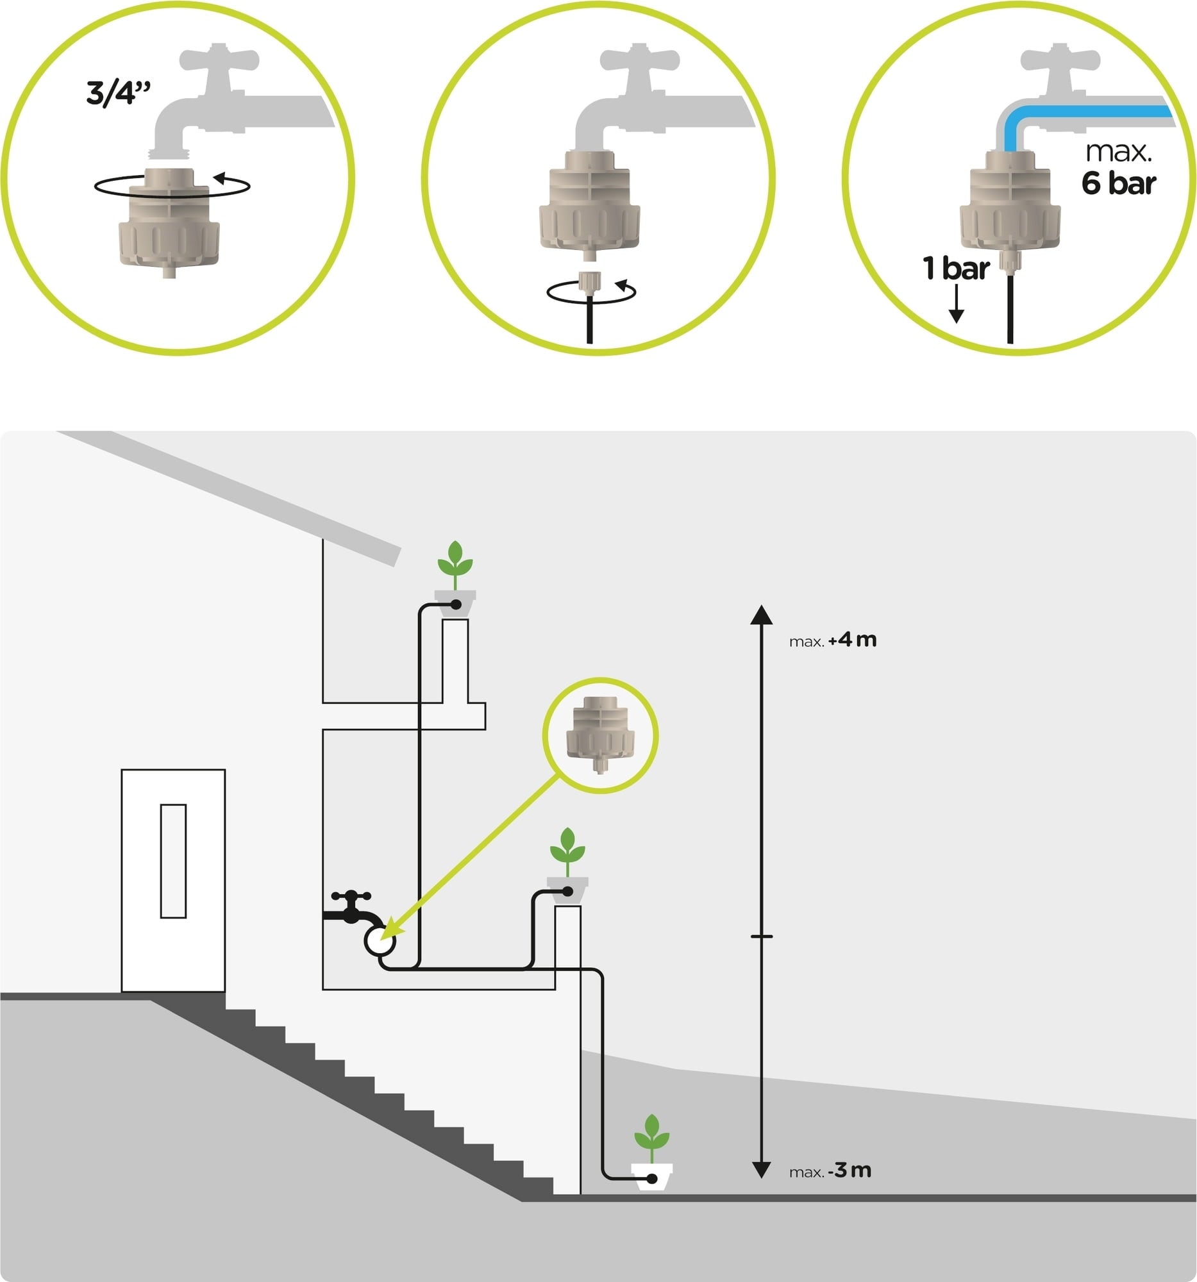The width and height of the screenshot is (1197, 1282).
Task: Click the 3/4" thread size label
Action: coord(118,93)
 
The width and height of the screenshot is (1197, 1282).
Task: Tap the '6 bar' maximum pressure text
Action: coord(1118,183)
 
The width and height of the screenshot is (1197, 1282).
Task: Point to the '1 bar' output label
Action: coord(956,269)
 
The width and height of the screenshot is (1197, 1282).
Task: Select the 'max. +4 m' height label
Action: coord(833,640)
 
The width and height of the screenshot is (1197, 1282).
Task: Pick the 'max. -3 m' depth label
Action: coord(830,1170)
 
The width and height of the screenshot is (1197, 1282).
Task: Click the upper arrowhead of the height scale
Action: coord(762,615)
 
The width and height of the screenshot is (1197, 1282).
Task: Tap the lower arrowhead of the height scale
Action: coord(762,1169)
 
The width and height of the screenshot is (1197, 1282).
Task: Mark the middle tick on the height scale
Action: coord(762,936)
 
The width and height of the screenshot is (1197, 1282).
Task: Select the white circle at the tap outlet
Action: coord(380,941)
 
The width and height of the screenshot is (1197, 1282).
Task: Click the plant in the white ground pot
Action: coord(651,1139)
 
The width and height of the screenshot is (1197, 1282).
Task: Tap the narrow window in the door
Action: coord(173,860)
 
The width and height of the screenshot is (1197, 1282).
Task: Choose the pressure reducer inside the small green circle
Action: coord(600,733)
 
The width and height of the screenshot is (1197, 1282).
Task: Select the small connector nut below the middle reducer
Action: coord(589,282)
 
